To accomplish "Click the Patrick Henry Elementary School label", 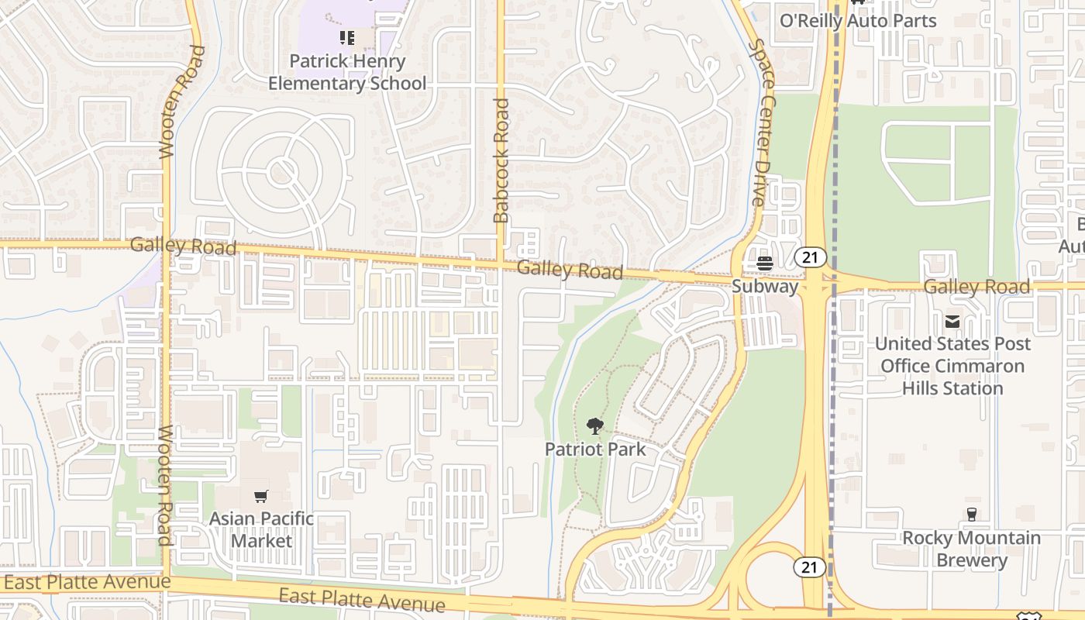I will pos(347,72).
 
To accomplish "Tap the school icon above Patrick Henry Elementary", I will pos(347,37).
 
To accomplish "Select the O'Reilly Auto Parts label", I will pos(858,21).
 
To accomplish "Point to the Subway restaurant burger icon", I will pos(765,264).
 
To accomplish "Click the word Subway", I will pos(765,287).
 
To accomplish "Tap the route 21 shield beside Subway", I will pos(810,257).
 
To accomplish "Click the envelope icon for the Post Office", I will pos(952,322).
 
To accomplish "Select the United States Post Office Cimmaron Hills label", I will pos(952,366).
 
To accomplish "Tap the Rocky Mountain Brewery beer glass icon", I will pos(971,515).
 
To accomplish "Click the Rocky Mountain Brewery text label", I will pos(971,549).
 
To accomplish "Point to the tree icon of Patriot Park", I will pos(595,425).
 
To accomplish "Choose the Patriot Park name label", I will pos(595,449).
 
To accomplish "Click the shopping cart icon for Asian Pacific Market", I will pos(261,496).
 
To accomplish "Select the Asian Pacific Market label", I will pos(261,529).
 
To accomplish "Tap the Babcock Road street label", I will pos(501,160).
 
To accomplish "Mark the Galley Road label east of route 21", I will pos(976,287).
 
